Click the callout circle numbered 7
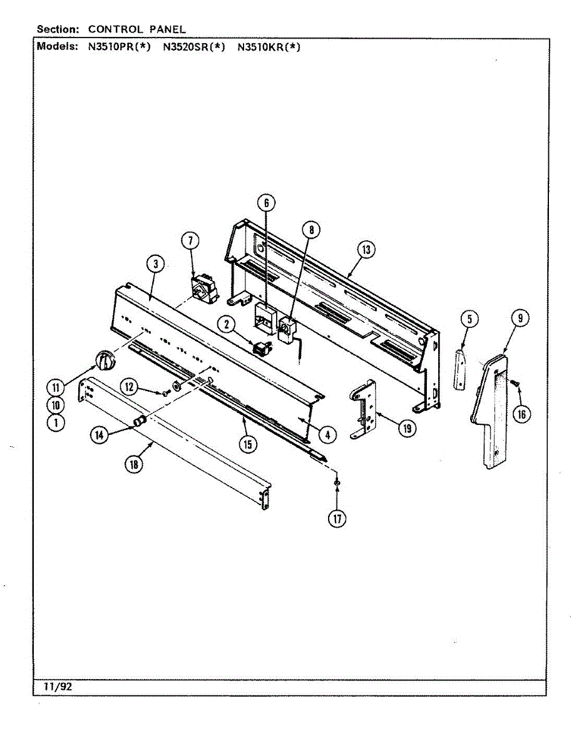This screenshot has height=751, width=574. tap(190, 240)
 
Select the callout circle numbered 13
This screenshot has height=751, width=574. tap(366, 250)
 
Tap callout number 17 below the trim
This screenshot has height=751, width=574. tap(338, 518)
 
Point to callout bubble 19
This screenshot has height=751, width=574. tap(407, 428)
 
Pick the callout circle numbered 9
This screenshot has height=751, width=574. tap(520, 318)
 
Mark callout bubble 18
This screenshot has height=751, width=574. tap(133, 464)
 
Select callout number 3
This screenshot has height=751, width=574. tap(155, 264)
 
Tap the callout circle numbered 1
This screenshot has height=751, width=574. tap(57, 422)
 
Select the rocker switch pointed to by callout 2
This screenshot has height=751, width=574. tap(262, 348)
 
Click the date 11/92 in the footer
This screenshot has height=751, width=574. tap(58, 686)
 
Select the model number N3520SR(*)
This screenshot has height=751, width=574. tap(194, 46)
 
